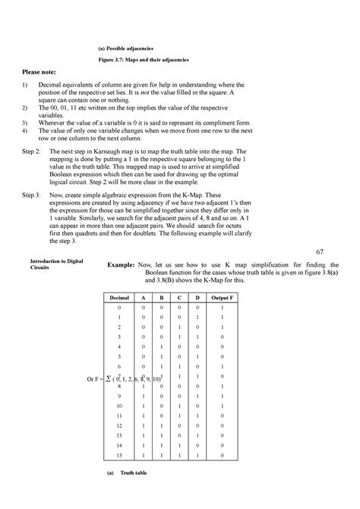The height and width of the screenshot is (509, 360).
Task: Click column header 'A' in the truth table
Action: point(151,299)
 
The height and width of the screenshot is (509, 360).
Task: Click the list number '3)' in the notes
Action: point(25,121)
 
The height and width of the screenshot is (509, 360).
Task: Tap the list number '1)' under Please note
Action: point(25,85)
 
